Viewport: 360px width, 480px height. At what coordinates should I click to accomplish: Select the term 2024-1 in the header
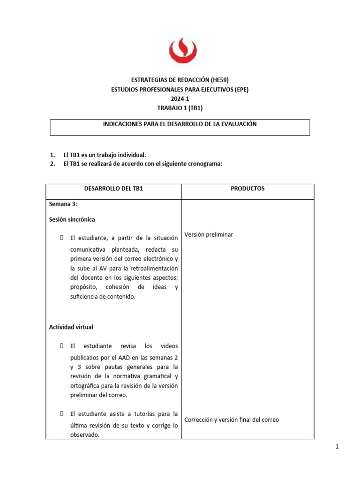coord(180,99)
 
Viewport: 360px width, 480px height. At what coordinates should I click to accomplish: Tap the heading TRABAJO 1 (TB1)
coord(180,108)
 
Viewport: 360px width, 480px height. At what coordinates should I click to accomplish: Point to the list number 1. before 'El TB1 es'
coord(52,155)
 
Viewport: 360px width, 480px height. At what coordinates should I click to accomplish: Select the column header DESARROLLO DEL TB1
coord(113,188)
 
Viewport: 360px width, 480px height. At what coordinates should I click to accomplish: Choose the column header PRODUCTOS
coord(247,188)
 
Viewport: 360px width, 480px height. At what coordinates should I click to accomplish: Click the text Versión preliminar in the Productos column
coord(209,234)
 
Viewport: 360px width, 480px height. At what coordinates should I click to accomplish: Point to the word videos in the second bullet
coord(169,346)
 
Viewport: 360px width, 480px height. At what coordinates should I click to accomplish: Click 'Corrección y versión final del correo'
coord(232,420)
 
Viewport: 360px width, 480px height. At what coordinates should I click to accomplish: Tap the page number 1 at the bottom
coord(337,447)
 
